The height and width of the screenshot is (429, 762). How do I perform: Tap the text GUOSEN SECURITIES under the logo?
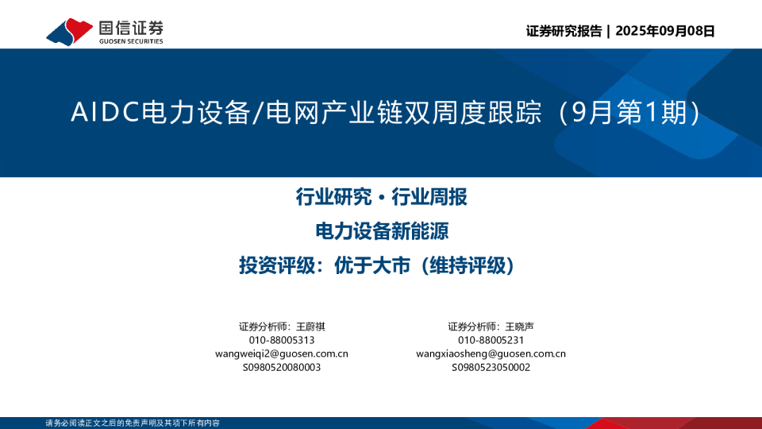click(131, 41)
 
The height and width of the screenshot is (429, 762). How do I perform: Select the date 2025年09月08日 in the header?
click(665, 31)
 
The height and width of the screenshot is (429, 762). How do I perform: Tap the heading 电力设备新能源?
click(382, 231)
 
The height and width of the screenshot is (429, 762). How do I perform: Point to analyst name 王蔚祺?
click(310, 327)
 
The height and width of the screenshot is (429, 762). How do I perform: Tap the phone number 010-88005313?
click(282, 340)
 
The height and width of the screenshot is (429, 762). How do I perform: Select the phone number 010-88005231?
click(491, 340)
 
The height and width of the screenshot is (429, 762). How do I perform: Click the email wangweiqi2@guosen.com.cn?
click(282, 354)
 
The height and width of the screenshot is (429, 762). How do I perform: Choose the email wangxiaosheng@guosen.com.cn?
click(491, 354)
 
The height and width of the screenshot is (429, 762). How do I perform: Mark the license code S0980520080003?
click(282, 367)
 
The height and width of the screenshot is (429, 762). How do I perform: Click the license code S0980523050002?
click(491, 367)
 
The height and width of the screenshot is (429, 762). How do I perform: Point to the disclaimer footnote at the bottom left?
click(133, 423)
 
